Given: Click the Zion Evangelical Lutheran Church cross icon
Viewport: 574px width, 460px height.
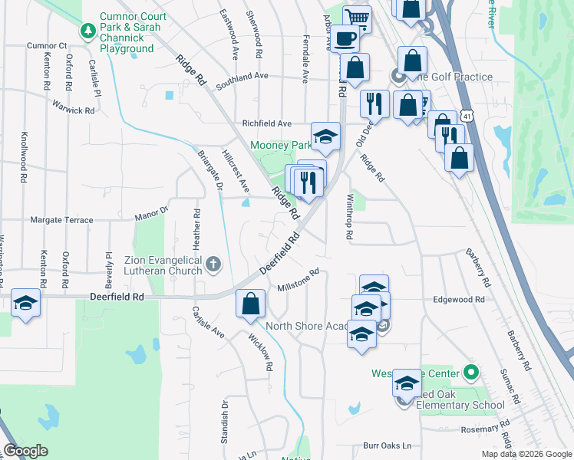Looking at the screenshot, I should [213, 266].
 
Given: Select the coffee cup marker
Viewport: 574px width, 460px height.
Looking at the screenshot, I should [345, 38].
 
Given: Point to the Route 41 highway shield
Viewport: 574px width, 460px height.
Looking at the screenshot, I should [467, 115].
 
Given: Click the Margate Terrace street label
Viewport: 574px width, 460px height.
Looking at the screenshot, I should [61, 219].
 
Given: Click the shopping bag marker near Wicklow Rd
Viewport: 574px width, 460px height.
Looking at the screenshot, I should [250, 304].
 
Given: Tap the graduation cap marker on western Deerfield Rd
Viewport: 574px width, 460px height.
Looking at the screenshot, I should [25, 304].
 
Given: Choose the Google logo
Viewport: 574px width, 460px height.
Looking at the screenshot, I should [25, 451].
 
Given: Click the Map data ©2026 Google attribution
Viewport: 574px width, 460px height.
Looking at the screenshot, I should [526, 453].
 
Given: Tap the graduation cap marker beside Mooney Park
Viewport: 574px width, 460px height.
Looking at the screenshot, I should [326, 137].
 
